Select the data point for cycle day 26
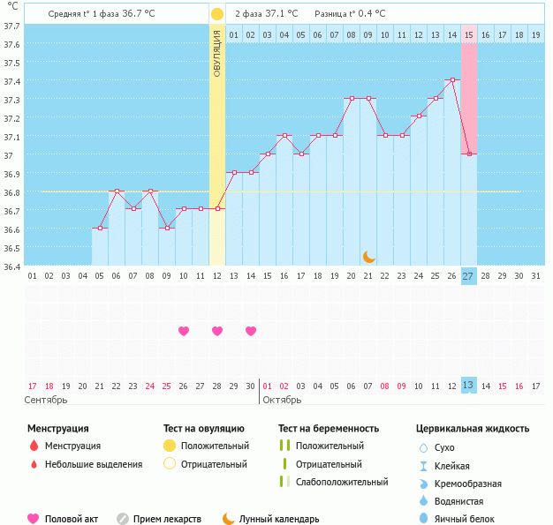[x=452, y=79]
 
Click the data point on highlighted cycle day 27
[x=469, y=154]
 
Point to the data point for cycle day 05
[x=100, y=228]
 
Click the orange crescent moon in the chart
[x=368, y=256]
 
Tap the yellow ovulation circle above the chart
[x=217, y=15]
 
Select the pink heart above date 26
[x=184, y=331]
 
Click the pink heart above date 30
[x=251, y=331]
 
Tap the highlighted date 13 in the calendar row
[x=468, y=385]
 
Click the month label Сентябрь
[x=45, y=400]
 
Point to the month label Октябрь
[x=281, y=400]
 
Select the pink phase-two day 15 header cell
[x=469, y=34]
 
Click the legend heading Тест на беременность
[x=328, y=429]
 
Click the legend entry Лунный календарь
[x=282, y=519]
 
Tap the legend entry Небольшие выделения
[x=93, y=464]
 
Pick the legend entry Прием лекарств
[x=166, y=519]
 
